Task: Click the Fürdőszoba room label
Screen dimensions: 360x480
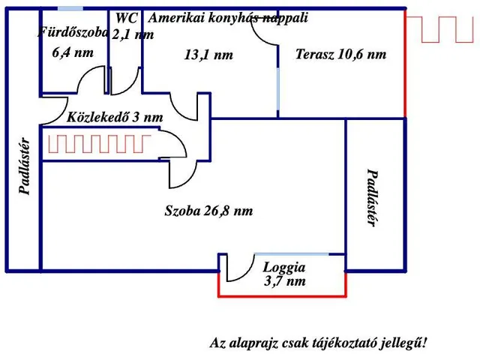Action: pyautogui.click(x=73, y=32)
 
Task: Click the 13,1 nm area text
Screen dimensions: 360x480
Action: pyautogui.click(x=208, y=54)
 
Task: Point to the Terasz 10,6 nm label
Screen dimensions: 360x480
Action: pyautogui.click(x=340, y=54)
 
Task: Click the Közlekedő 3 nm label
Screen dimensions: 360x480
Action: pyautogui.click(x=115, y=118)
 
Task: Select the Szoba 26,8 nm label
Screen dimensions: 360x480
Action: pyautogui.click(x=208, y=211)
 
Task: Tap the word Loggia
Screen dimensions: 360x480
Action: pyautogui.click(x=283, y=267)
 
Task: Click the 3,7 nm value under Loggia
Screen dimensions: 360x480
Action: pyautogui.click(x=284, y=281)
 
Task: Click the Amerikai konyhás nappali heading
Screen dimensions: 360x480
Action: pyautogui.click(x=228, y=17)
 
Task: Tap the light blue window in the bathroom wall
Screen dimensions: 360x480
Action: pyautogui.click(x=70, y=8)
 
